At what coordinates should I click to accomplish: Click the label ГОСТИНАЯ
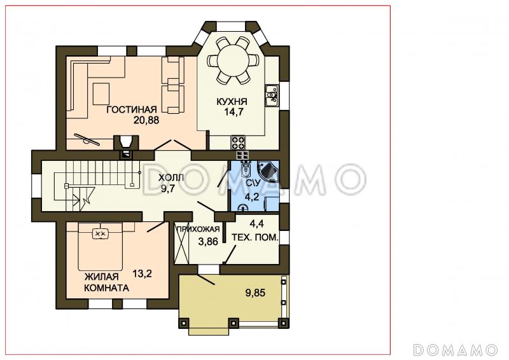pyautogui.click(x=132, y=109)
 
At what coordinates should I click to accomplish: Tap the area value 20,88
pyautogui.click(x=146, y=120)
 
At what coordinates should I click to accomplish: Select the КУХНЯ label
pyautogui.click(x=232, y=102)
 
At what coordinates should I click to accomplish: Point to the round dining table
pyautogui.click(x=232, y=60)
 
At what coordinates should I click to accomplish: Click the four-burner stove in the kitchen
pyautogui.click(x=238, y=142)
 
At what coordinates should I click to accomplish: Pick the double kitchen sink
pyautogui.click(x=272, y=95)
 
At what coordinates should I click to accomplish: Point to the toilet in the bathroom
pyautogui.click(x=246, y=168)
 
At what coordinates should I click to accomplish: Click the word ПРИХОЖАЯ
pyautogui.click(x=198, y=229)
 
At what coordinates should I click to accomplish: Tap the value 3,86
pyautogui.click(x=208, y=242)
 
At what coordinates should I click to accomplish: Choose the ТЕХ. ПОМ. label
pyautogui.click(x=255, y=237)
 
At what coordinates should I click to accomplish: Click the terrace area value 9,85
pyautogui.click(x=255, y=293)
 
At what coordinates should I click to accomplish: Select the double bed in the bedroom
pyautogui.click(x=101, y=246)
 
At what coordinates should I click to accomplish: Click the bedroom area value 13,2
pyautogui.click(x=142, y=274)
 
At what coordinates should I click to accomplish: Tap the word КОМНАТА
pyautogui.click(x=106, y=288)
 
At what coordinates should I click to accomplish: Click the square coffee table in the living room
pyautogui.click(x=101, y=93)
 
